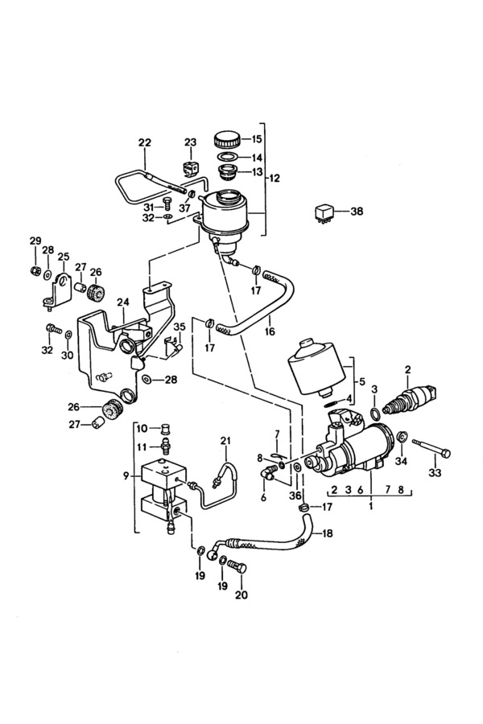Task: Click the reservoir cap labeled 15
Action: click(227, 139)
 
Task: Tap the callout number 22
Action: click(145, 142)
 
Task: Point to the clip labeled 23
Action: click(190, 169)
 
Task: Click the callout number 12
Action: click(274, 178)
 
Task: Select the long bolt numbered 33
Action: click(431, 448)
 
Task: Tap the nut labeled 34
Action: click(402, 435)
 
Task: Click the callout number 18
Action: click(327, 533)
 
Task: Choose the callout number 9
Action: click(126, 475)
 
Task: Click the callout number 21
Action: click(225, 441)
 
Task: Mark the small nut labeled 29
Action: click(34, 270)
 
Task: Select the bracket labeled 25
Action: click(57, 290)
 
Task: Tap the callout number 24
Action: click(123, 302)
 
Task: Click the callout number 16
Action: click(270, 331)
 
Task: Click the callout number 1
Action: click(370, 506)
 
